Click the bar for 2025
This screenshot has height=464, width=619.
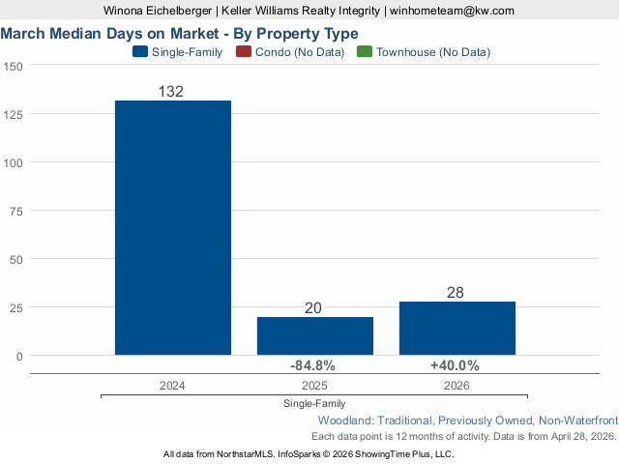[x=315, y=335]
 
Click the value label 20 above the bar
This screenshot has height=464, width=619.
[x=313, y=308]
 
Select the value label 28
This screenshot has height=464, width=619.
[x=457, y=293]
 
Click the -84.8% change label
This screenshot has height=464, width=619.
[x=313, y=365]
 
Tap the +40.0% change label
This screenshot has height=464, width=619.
[x=455, y=365]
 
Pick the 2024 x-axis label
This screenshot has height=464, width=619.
[x=173, y=385]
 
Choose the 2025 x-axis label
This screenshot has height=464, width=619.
[x=315, y=385]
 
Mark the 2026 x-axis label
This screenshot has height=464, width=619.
[x=457, y=385]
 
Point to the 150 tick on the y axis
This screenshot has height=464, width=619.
[x=14, y=66]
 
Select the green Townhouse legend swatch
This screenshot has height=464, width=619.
[x=364, y=52]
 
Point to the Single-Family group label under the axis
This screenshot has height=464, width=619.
[x=314, y=403]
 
